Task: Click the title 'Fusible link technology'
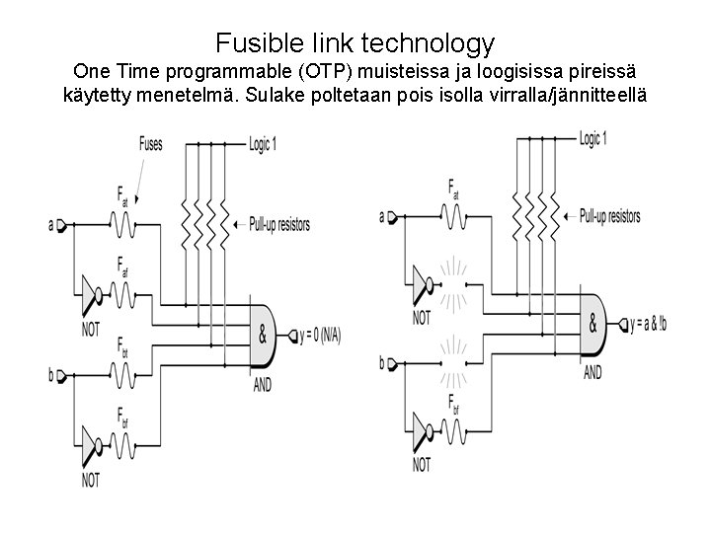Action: point(355,43)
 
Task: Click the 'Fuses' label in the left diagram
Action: point(150,144)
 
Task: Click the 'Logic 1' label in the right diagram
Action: point(592,136)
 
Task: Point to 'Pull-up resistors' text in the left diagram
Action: point(279,225)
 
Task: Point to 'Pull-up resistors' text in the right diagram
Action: point(609,216)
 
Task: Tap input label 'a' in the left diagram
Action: point(50,226)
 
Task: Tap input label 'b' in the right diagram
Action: point(381,363)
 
